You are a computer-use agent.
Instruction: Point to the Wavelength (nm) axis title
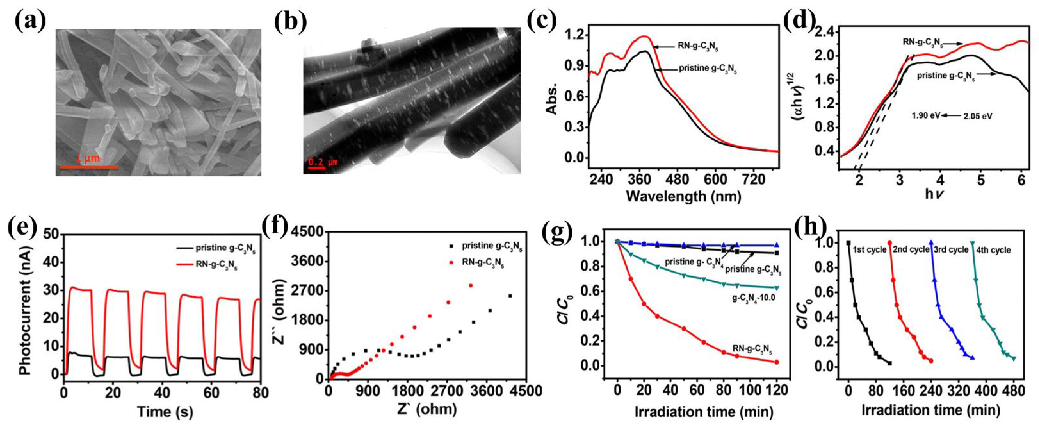(683, 197)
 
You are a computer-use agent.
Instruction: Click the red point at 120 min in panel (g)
(776, 362)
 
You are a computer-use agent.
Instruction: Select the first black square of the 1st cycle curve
(848, 243)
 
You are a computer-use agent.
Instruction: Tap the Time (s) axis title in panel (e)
(165, 412)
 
